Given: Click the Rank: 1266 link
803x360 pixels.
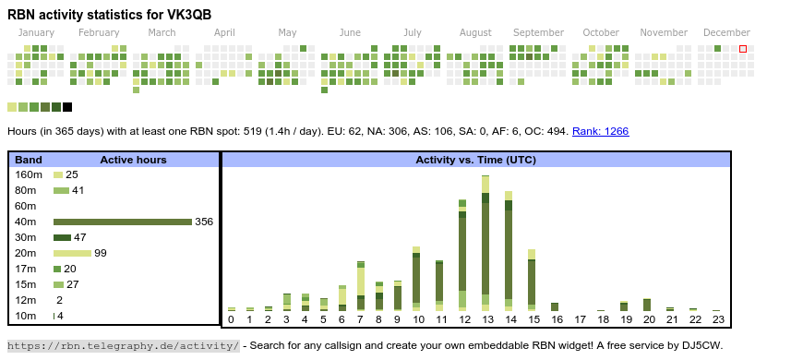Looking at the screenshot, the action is pyautogui.click(x=600, y=131).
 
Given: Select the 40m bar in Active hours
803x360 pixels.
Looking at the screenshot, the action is pyautogui.click(x=123, y=222).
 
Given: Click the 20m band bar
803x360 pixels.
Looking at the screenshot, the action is pyautogui.click(x=72, y=253).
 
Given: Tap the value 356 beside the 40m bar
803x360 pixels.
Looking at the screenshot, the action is pyautogui.click(x=204, y=222).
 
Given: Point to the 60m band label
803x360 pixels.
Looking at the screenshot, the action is pyautogui.click(x=26, y=206).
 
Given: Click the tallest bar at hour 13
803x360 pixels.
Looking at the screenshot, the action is pyautogui.click(x=485, y=244).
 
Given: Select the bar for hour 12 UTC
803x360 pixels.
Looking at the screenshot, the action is pyautogui.click(x=462, y=255).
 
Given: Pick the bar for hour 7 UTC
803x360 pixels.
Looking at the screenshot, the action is pyautogui.click(x=361, y=286).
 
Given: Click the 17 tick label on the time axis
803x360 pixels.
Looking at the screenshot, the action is pyautogui.click(x=580, y=319).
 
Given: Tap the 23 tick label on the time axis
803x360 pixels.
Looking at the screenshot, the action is pyautogui.click(x=718, y=319).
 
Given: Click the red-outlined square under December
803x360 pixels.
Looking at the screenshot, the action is pyautogui.click(x=743, y=49).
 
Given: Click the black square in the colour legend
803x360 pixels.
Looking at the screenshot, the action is pyautogui.click(x=67, y=107).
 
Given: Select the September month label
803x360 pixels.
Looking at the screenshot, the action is pyautogui.click(x=538, y=33).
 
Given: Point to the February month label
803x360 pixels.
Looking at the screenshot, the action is pyautogui.click(x=99, y=33).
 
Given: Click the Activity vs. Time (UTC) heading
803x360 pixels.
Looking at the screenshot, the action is pyautogui.click(x=475, y=160).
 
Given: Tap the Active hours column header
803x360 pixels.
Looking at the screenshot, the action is pyautogui.click(x=133, y=160).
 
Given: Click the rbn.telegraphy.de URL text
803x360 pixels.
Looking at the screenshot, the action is pyautogui.click(x=124, y=345).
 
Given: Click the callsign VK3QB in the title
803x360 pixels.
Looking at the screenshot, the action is pyautogui.click(x=189, y=15).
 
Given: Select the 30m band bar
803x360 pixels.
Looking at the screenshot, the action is pyautogui.click(x=62, y=237).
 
